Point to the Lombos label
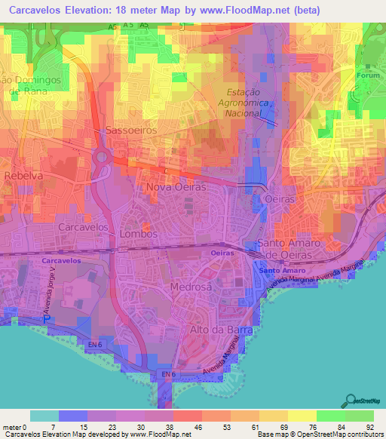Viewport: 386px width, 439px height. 139,234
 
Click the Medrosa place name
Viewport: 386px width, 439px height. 190,286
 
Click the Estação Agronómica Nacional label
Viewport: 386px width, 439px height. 238,101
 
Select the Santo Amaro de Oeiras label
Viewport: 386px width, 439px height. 289,249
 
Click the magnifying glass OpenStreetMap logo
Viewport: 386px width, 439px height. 350,400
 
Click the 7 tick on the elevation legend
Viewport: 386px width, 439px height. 55,426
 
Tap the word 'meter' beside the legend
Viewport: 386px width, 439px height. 13,426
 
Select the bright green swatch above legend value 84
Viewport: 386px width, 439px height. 331,416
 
